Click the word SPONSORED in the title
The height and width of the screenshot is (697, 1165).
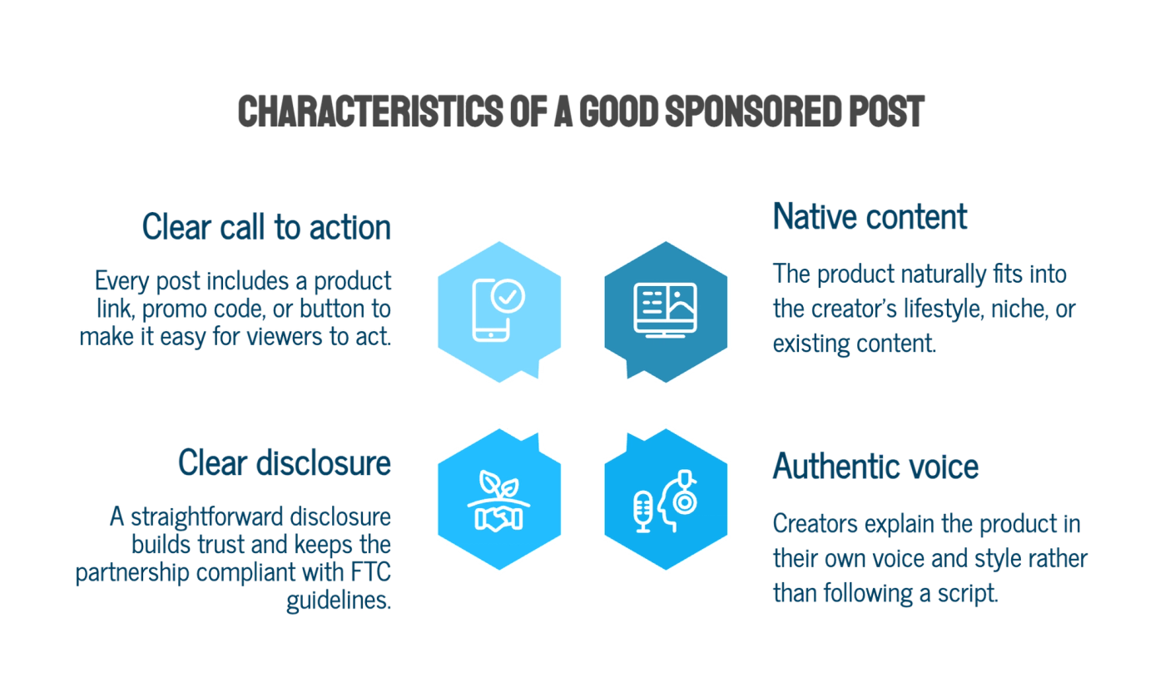[x=753, y=111]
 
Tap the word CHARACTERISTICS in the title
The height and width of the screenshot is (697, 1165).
[x=370, y=111]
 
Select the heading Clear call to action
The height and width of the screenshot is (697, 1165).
[x=266, y=227]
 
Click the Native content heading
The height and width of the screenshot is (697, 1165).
[x=870, y=216]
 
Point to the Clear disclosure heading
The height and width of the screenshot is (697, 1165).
[x=285, y=462]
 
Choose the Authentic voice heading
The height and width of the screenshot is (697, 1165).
[x=875, y=466]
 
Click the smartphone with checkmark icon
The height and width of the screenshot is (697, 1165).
[x=498, y=310]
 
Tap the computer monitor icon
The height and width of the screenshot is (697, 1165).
[x=665, y=310]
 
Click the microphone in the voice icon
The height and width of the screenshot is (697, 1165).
[x=643, y=512]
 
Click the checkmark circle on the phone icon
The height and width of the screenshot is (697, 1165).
[x=508, y=296]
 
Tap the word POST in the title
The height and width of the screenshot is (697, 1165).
[x=887, y=111]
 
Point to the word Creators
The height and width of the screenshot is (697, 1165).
[x=815, y=523]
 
